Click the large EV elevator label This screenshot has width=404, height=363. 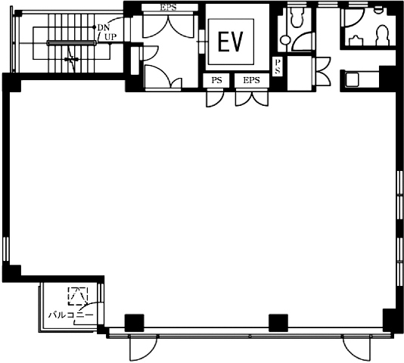pos(230,42)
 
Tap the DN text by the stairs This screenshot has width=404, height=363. pos(104,27)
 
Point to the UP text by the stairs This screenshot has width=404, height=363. pos(110,37)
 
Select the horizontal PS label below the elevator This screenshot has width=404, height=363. pos(216,80)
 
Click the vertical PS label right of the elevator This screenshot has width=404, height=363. pos(278,67)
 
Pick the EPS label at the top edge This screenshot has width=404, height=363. pos(169,8)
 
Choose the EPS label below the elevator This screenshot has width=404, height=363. pos(251,80)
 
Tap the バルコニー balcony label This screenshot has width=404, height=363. pos(71,315)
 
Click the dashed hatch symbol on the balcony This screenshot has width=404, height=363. pos(78,296)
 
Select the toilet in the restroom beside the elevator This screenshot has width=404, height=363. pos(297,17)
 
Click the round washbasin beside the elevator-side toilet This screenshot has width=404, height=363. pos(285,40)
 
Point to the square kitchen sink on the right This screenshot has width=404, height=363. pos(352,79)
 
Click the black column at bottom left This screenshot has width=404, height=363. pos(134,323)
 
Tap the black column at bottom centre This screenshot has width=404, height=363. pos(278,323)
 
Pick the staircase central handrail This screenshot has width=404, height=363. pos(71,43)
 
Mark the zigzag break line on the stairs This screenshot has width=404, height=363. pos(72,60)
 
